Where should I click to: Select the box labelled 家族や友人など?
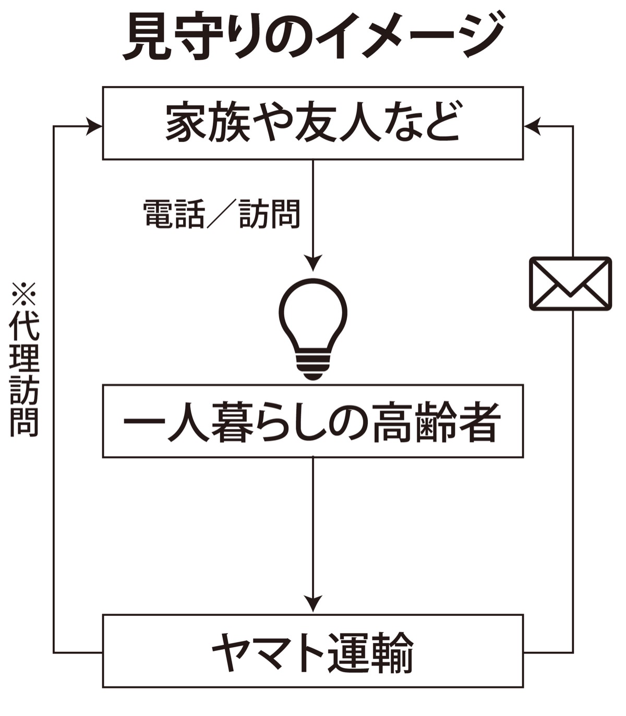312,123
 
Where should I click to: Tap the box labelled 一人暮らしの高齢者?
312,421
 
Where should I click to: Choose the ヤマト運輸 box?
312,651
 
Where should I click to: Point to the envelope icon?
570,283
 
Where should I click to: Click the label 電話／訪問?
222,214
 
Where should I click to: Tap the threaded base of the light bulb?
313,366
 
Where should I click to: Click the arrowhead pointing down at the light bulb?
313,264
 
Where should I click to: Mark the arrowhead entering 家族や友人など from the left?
95,126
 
